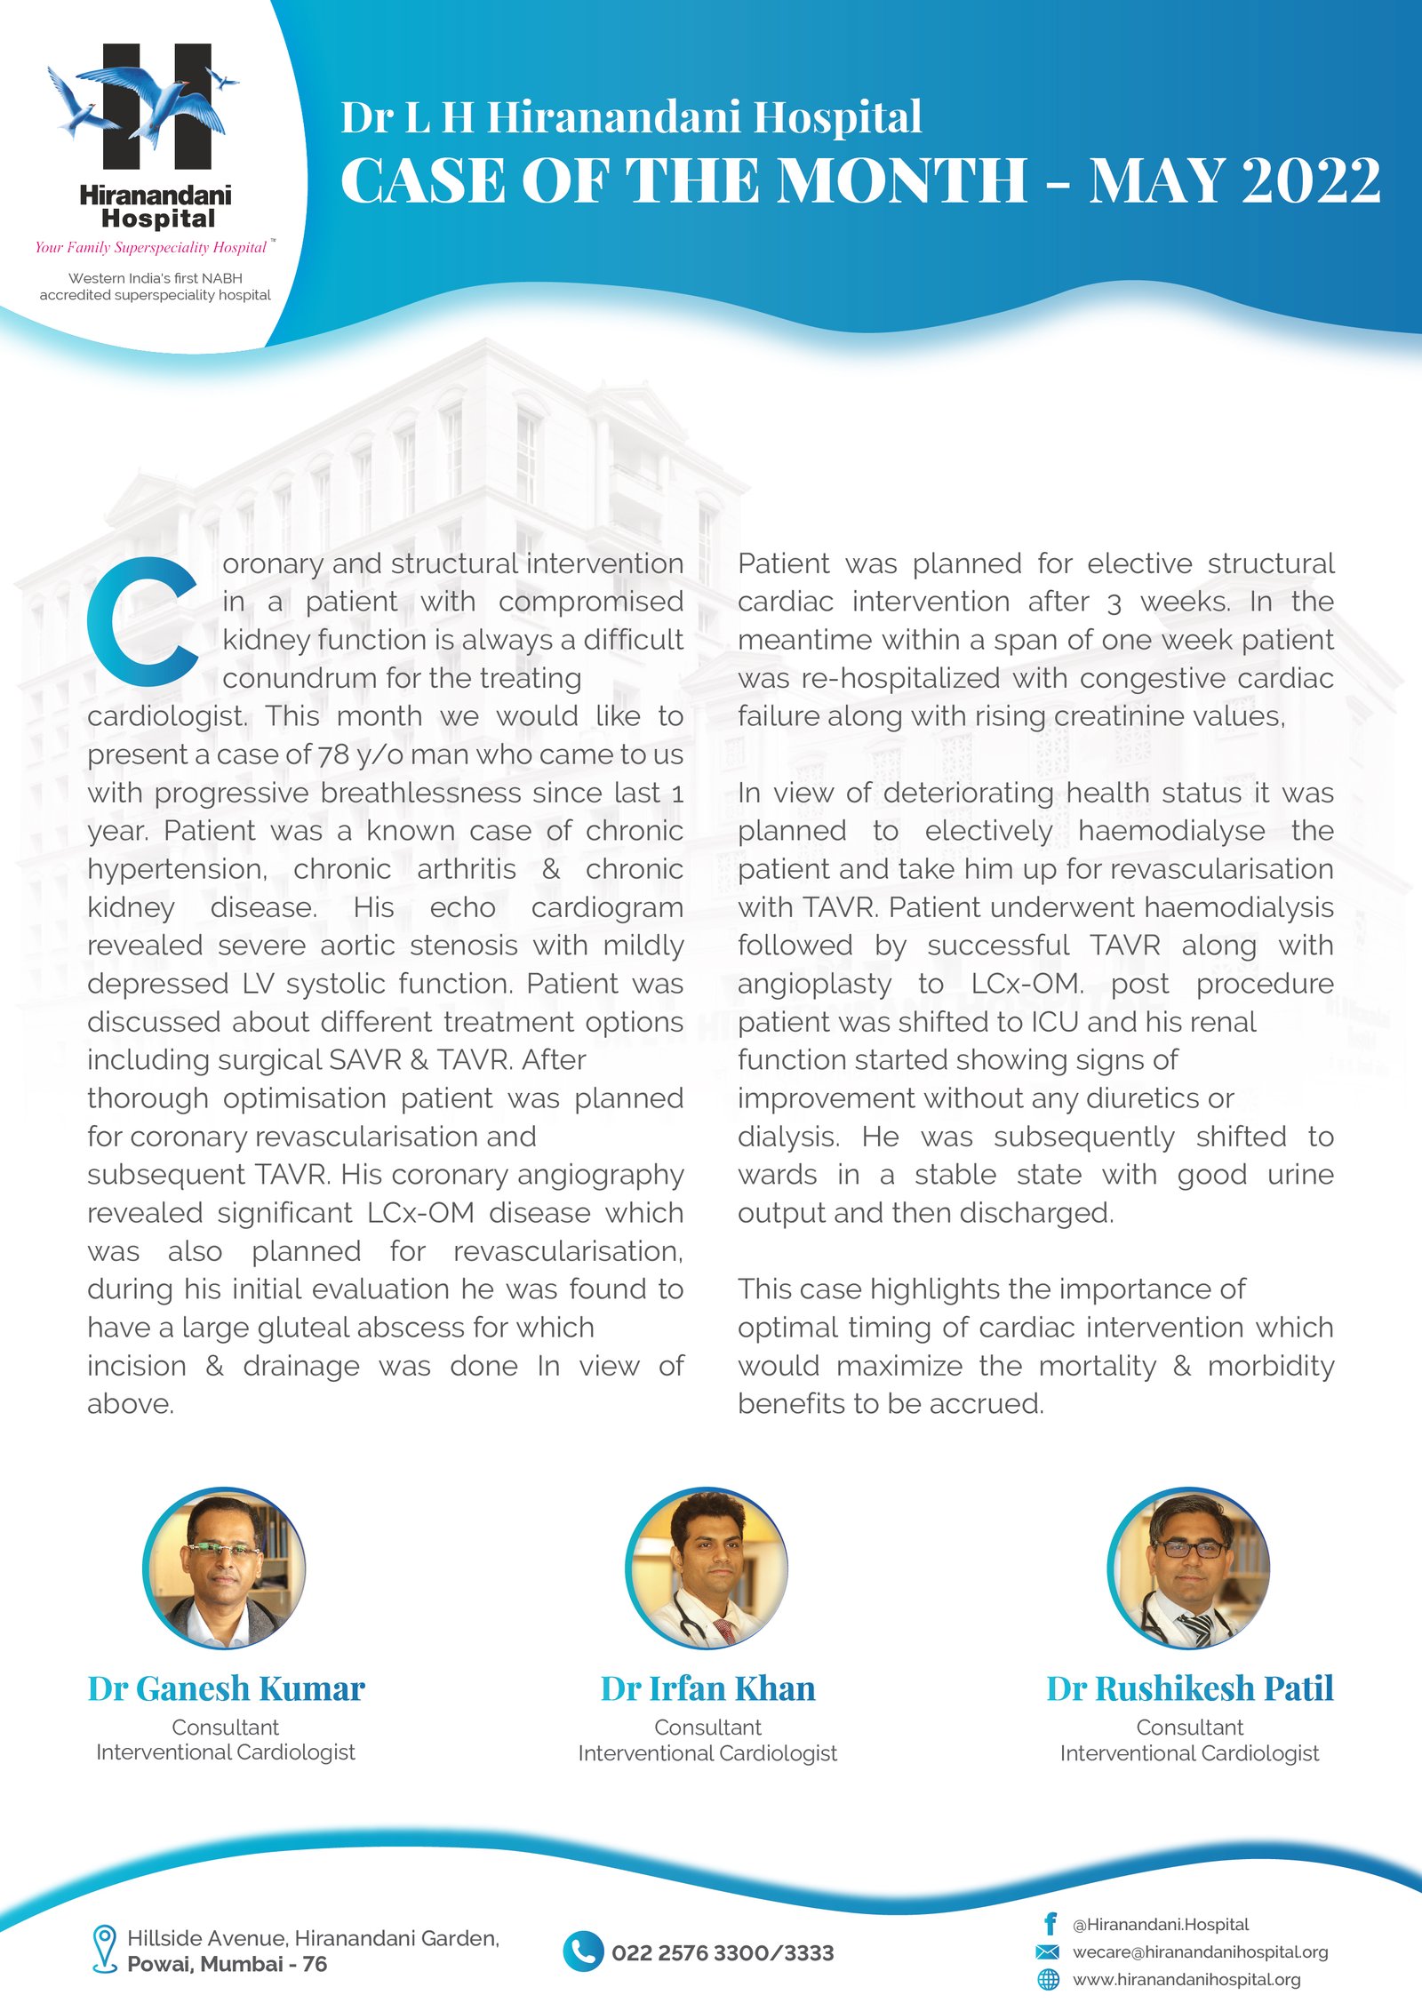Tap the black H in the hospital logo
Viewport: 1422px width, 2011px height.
pyautogui.click(x=157, y=107)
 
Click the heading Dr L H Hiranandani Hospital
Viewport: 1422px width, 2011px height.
pyautogui.click(x=631, y=117)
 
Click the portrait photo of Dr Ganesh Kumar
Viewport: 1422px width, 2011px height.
pyautogui.click(x=224, y=1568)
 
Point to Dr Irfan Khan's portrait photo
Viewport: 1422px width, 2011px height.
pyautogui.click(x=707, y=1568)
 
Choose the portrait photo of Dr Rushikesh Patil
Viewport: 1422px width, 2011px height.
pyautogui.click(x=1189, y=1568)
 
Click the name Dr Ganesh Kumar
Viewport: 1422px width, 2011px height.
pyautogui.click(x=226, y=1688)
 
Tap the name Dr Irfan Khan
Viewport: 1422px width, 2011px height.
pyautogui.click(x=707, y=1688)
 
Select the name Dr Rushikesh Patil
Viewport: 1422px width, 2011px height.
pyautogui.click(x=1189, y=1688)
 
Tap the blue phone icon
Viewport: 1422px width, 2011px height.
pyautogui.click(x=583, y=1951)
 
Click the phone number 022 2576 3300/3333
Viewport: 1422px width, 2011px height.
pyautogui.click(x=723, y=1952)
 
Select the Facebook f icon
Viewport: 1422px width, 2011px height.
pyautogui.click(x=1050, y=1924)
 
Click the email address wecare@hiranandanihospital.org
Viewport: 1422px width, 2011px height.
pyautogui.click(x=1200, y=1951)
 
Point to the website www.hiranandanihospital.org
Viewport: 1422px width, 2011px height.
pyautogui.click(x=1186, y=1979)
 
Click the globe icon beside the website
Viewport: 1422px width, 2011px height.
pyautogui.click(x=1049, y=1979)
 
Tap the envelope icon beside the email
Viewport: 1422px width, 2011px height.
pyautogui.click(x=1048, y=1951)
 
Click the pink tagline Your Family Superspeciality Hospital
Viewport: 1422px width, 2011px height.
pyautogui.click(x=151, y=247)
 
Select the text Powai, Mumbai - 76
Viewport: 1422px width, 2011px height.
pyautogui.click(x=227, y=1964)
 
